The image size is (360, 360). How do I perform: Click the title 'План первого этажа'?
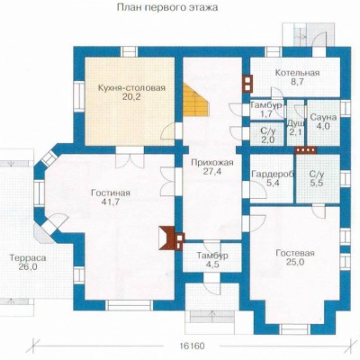(167, 7)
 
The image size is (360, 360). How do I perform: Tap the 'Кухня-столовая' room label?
(131, 88)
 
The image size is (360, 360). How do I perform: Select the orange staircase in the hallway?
(196, 100)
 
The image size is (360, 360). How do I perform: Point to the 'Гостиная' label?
(111, 193)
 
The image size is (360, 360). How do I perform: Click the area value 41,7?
(111, 202)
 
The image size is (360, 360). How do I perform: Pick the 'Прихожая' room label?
(212, 163)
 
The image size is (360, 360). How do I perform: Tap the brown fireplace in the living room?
(167, 238)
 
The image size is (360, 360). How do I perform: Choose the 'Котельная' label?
(297, 73)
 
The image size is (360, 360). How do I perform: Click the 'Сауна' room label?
(323, 117)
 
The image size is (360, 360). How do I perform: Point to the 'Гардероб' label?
(273, 175)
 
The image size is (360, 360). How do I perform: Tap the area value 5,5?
(317, 184)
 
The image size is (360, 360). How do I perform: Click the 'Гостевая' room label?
(295, 253)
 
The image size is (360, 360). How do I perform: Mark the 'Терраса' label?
(28, 258)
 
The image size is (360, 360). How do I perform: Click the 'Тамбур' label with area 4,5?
(212, 256)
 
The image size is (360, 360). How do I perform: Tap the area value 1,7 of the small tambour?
(265, 113)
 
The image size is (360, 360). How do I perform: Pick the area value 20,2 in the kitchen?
(131, 96)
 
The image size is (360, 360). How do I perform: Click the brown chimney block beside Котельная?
(247, 83)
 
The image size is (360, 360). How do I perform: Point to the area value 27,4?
(212, 172)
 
